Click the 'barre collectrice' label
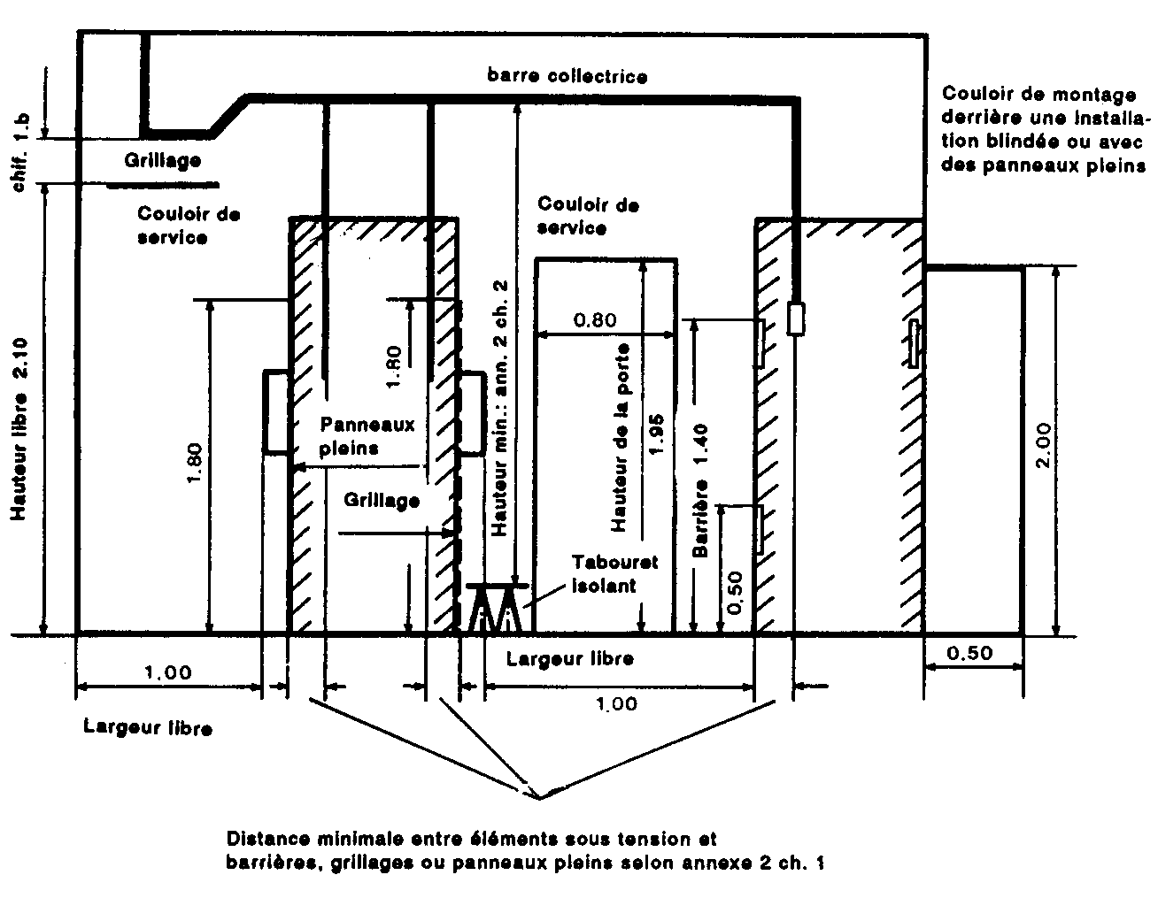click(x=567, y=75)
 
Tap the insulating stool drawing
click(x=497, y=608)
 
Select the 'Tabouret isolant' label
click(x=614, y=574)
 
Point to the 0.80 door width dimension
click(x=595, y=320)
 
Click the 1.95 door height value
click(x=658, y=434)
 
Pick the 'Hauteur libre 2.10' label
click(x=19, y=428)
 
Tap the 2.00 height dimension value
click(x=1043, y=445)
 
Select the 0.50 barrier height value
click(x=734, y=593)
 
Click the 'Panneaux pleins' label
click(x=367, y=436)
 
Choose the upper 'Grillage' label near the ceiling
click(x=163, y=161)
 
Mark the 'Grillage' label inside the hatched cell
click(x=382, y=501)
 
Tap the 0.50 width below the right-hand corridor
click(x=970, y=653)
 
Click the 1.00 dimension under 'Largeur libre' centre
click(x=616, y=703)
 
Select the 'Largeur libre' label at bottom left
click(x=148, y=727)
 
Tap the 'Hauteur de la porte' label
click(x=620, y=438)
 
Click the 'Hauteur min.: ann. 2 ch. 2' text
click(x=499, y=408)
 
